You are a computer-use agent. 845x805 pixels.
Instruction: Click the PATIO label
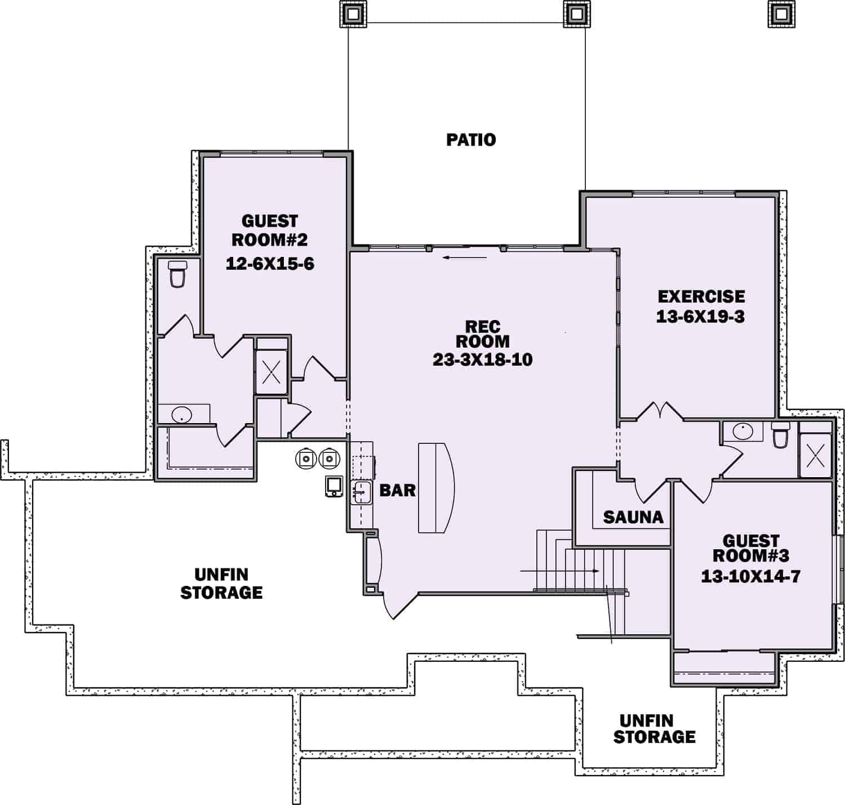pyautogui.click(x=471, y=139)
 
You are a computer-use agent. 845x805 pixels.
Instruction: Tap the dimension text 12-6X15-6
pyautogui.click(x=270, y=263)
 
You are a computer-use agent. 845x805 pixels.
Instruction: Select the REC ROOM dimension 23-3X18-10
pyautogui.click(x=482, y=359)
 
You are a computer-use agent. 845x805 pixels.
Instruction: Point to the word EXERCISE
pyautogui.click(x=701, y=296)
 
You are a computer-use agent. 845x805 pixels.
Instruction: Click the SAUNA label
pyautogui.click(x=633, y=517)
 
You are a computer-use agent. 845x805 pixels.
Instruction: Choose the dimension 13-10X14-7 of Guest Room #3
pyautogui.click(x=750, y=576)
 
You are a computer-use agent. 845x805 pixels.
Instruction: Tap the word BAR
pyautogui.click(x=397, y=490)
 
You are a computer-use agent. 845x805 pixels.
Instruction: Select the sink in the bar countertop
pyautogui.click(x=361, y=493)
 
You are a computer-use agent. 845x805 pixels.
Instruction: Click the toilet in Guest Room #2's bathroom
pyautogui.click(x=177, y=274)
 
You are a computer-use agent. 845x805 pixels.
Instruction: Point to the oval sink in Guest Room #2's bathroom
pyautogui.click(x=182, y=416)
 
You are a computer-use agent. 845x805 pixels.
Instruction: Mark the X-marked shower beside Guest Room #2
pyautogui.click(x=272, y=371)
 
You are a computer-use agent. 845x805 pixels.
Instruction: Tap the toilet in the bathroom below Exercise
pyautogui.click(x=780, y=435)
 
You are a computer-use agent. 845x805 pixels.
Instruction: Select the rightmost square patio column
pyautogui.click(x=781, y=13)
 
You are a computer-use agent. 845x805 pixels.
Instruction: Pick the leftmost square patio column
pyautogui.click(x=353, y=13)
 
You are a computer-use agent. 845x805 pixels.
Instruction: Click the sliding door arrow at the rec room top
pyautogui.click(x=465, y=258)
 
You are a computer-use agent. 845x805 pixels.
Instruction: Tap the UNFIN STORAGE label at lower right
pyautogui.click(x=653, y=728)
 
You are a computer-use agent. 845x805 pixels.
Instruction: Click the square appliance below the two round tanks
pyautogui.click(x=335, y=486)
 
